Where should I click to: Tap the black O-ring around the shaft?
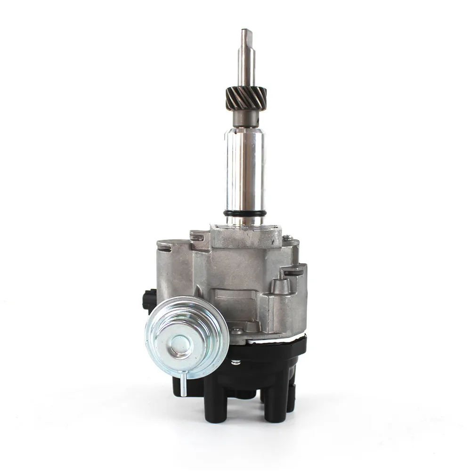[x=245, y=213]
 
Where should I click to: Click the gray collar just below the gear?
[x=245, y=120]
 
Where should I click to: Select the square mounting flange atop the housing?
[x=245, y=235]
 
